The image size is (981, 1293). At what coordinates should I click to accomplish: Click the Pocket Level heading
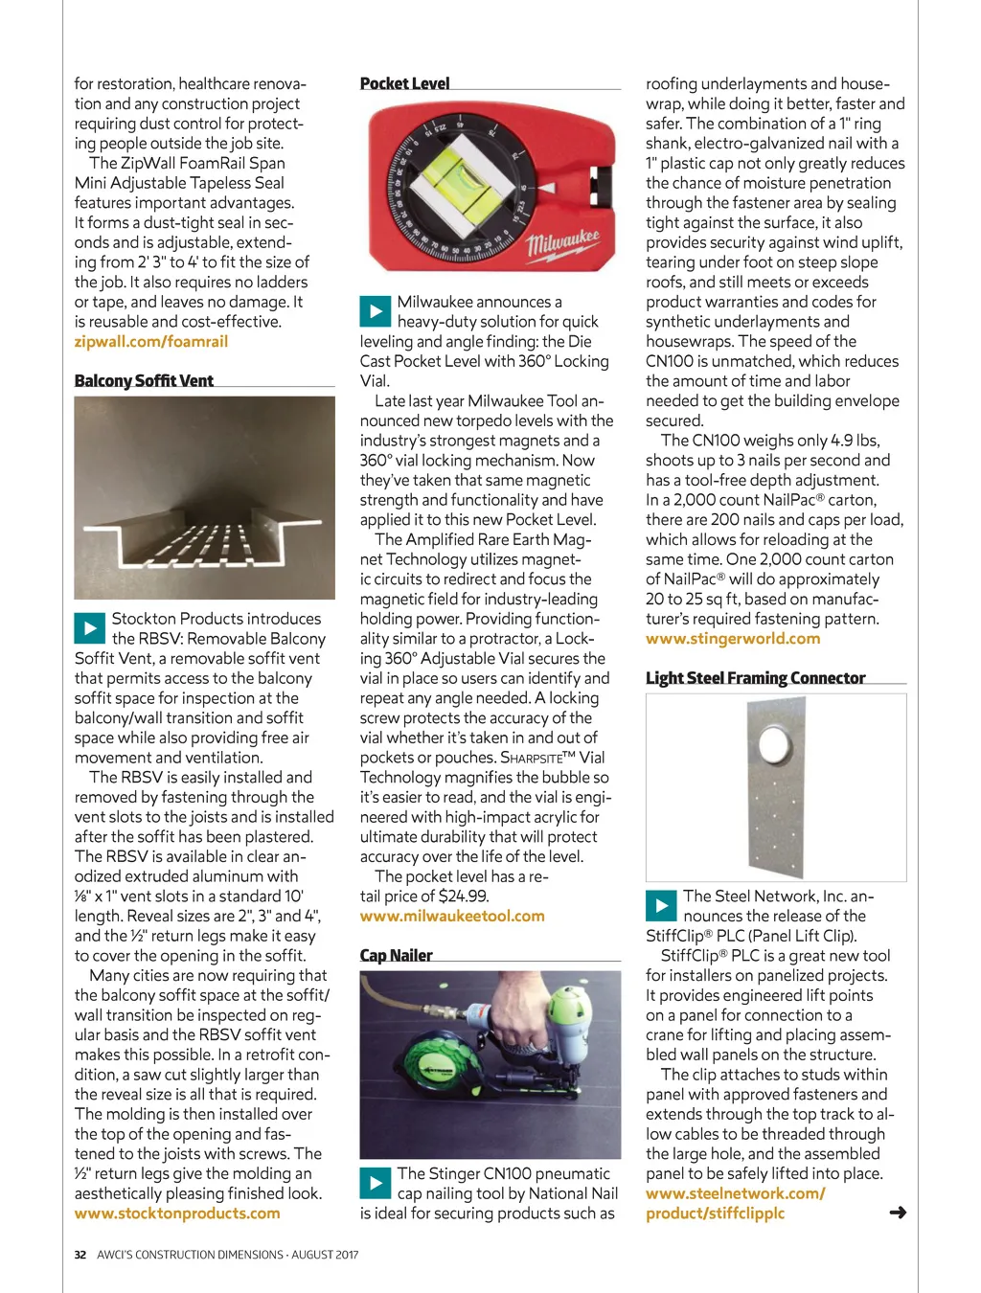pyautogui.click(x=404, y=83)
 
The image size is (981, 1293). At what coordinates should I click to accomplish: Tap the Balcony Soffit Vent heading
pyautogui.click(x=144, y=380)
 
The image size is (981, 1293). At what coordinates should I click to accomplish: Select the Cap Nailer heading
pyautogui.click(x=396, y=955)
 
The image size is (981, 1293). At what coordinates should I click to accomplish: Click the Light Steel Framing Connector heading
pyautogui.click(x=755, y=678)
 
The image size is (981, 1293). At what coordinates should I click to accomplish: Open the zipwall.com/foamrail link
pyautogui.click(x=150, y=341)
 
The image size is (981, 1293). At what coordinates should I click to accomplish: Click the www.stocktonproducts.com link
pyautogui.click(x=177, y=1213)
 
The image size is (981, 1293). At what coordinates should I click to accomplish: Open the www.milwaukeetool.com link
pyautogui.click(x=452, y=916)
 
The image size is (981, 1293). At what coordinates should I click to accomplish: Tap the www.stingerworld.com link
pyautogui.click(x=733, y=638)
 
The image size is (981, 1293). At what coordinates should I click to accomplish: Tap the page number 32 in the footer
pyautogui.click(x=80, y=1255)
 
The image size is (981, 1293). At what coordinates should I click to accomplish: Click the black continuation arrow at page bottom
pyautogui.click(x=898, y=1213)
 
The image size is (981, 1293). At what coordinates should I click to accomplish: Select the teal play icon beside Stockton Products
pyautogui.click(x=89, y=628)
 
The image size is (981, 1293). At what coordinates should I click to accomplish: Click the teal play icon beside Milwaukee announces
pyautogui.click(x=375, y=311)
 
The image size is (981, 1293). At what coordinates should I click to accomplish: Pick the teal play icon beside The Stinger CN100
pyautogui.click(x=375, y=1183)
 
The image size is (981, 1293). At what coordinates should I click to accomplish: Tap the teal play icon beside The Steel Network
pyautogui.click(x=661, y=905)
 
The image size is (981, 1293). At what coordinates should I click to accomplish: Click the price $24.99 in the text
pyautogui.click(x=464, y=896)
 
